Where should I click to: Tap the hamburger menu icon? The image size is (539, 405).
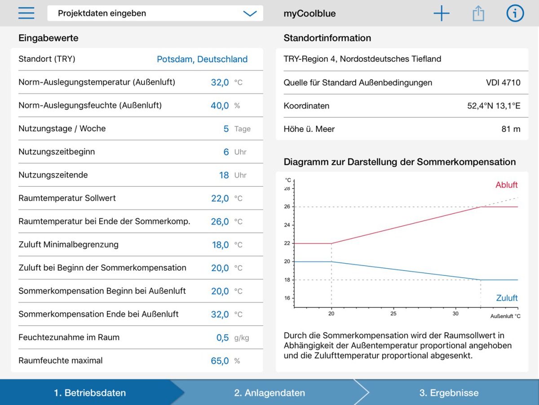[x=26, y=13]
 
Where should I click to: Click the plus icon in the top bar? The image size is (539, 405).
[x=441, y=13]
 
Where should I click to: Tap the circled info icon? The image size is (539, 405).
[x=515, y=13]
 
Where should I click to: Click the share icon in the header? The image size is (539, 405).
[x=478, y=13]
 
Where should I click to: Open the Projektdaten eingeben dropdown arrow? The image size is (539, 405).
[x=250, y=13]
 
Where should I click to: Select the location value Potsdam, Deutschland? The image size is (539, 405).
[x=202, y=59]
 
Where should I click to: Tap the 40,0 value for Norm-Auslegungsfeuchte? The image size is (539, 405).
[x=220, y=105]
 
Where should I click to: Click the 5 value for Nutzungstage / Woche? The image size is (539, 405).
[x=226, y=129]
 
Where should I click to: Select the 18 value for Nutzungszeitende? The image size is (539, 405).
[x=224, y=175]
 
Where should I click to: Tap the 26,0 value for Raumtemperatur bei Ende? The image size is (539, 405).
[x=220, y=221]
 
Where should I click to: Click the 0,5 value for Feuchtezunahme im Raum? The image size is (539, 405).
[x=222, y=337]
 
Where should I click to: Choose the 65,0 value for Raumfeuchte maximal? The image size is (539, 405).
[x=220, y=361]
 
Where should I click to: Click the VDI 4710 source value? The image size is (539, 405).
[x=503, y=82]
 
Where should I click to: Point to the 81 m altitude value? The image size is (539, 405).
[x=511, y=129]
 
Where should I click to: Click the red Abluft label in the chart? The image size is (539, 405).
[x=506, y=184]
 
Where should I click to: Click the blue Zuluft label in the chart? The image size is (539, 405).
[x=507, y=298]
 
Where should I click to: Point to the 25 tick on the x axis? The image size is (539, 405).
[x=393, y=314]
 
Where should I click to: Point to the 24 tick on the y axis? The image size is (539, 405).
[x=287, y=225]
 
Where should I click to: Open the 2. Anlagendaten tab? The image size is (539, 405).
[x=269, y=393]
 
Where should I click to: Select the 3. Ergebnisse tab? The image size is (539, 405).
[x=449, y=393]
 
